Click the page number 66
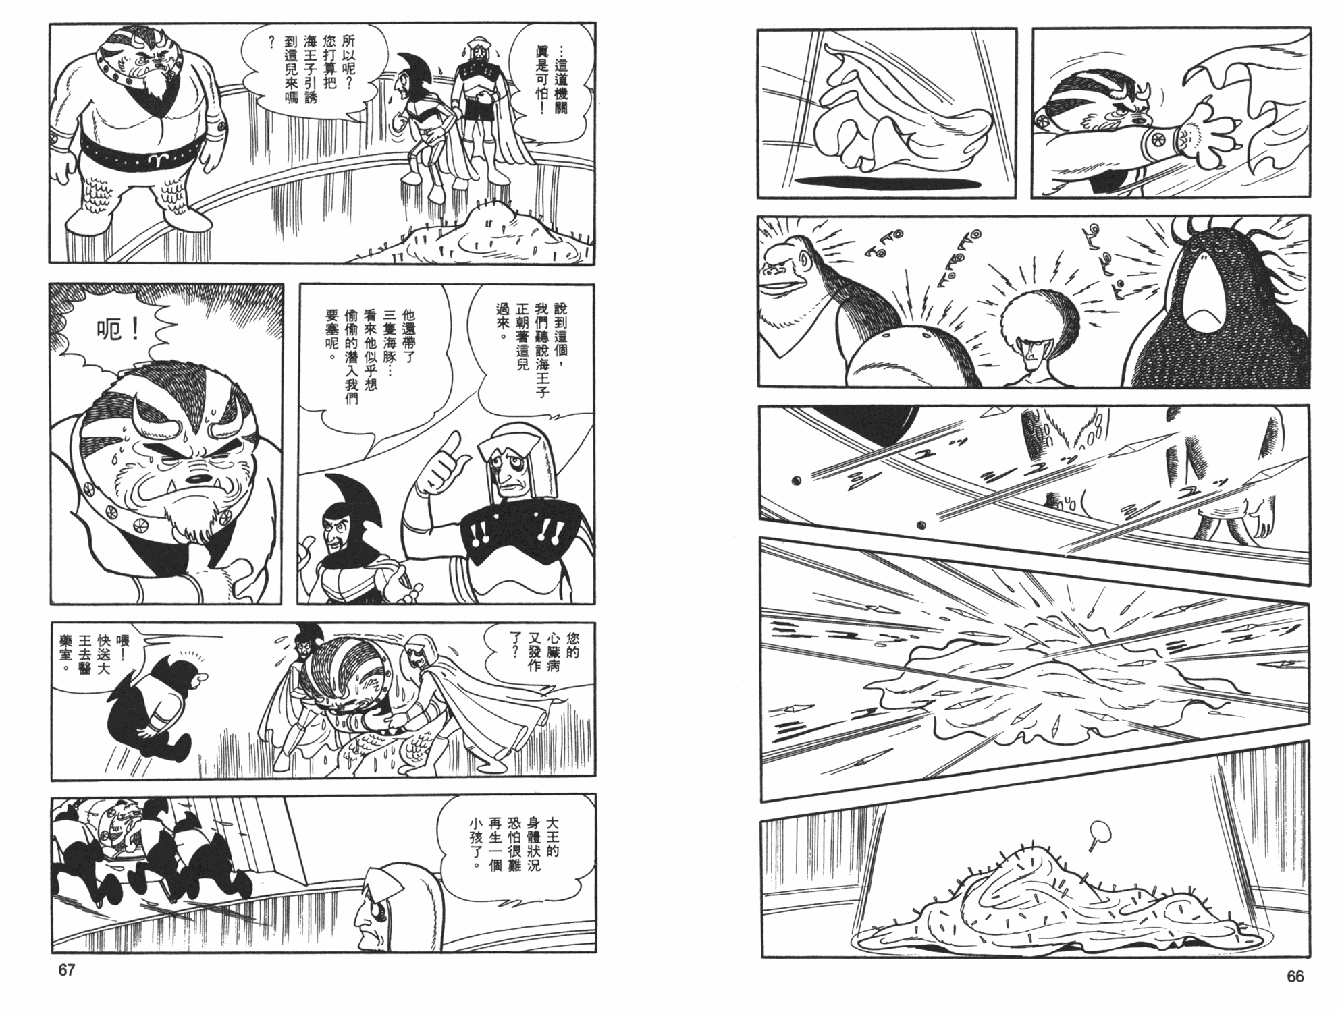1295,976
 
